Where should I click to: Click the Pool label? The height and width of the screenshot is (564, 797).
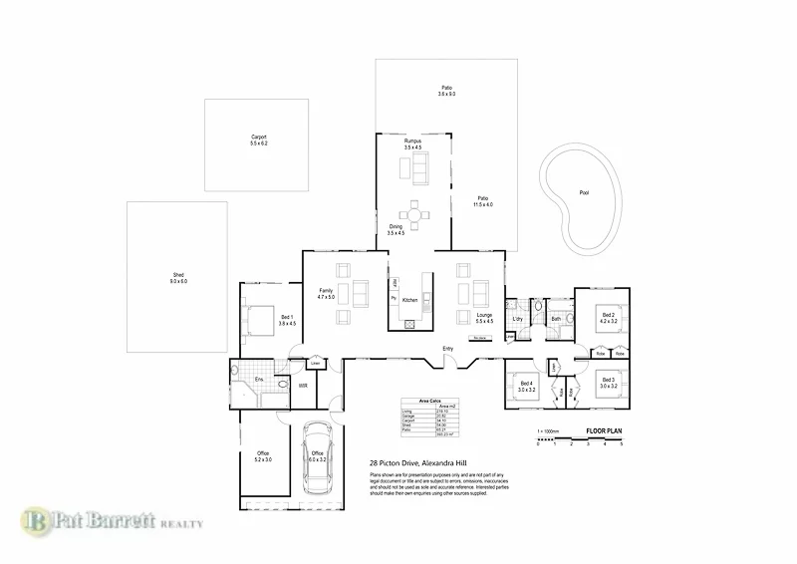click(584, 192)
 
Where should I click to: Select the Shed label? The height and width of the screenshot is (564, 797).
click(178, 278)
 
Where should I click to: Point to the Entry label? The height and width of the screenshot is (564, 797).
click(448, 348)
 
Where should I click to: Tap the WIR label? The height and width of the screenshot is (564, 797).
click(302, 385)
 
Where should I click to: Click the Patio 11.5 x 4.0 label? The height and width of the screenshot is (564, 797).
click(484, 200)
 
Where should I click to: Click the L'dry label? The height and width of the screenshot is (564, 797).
click(518, 318)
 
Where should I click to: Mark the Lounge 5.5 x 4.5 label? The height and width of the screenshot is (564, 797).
click(484, 318)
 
